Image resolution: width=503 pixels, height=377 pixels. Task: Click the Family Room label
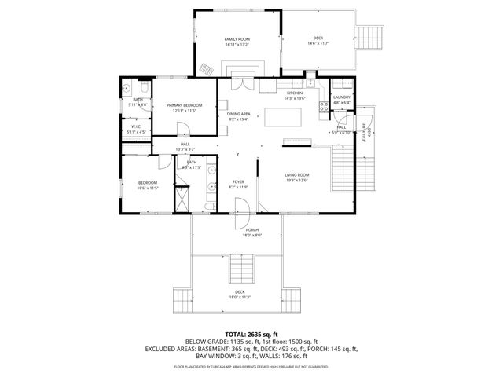tap(237, 38)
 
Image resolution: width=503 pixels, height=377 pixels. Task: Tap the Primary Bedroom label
tap(184, 105)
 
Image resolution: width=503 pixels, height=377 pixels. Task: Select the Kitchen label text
tap(294, 93)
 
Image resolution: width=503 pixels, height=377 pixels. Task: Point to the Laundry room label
tap(341, 97)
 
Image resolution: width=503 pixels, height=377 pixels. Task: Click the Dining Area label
tap(238, 114)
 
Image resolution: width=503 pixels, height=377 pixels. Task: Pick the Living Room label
tap(296, 174)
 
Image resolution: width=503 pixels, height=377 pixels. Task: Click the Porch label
tap(251, 230)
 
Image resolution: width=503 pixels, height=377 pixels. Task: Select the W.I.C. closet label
tap(135, 126)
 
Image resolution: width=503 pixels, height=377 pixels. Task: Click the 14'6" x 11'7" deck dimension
tap(318, 42)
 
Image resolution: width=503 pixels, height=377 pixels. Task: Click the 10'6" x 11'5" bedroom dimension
tap(148, 188)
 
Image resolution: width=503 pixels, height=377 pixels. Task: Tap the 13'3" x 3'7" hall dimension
tap(185, 148)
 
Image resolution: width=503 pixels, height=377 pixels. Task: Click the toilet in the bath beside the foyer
tap(209, 207)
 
